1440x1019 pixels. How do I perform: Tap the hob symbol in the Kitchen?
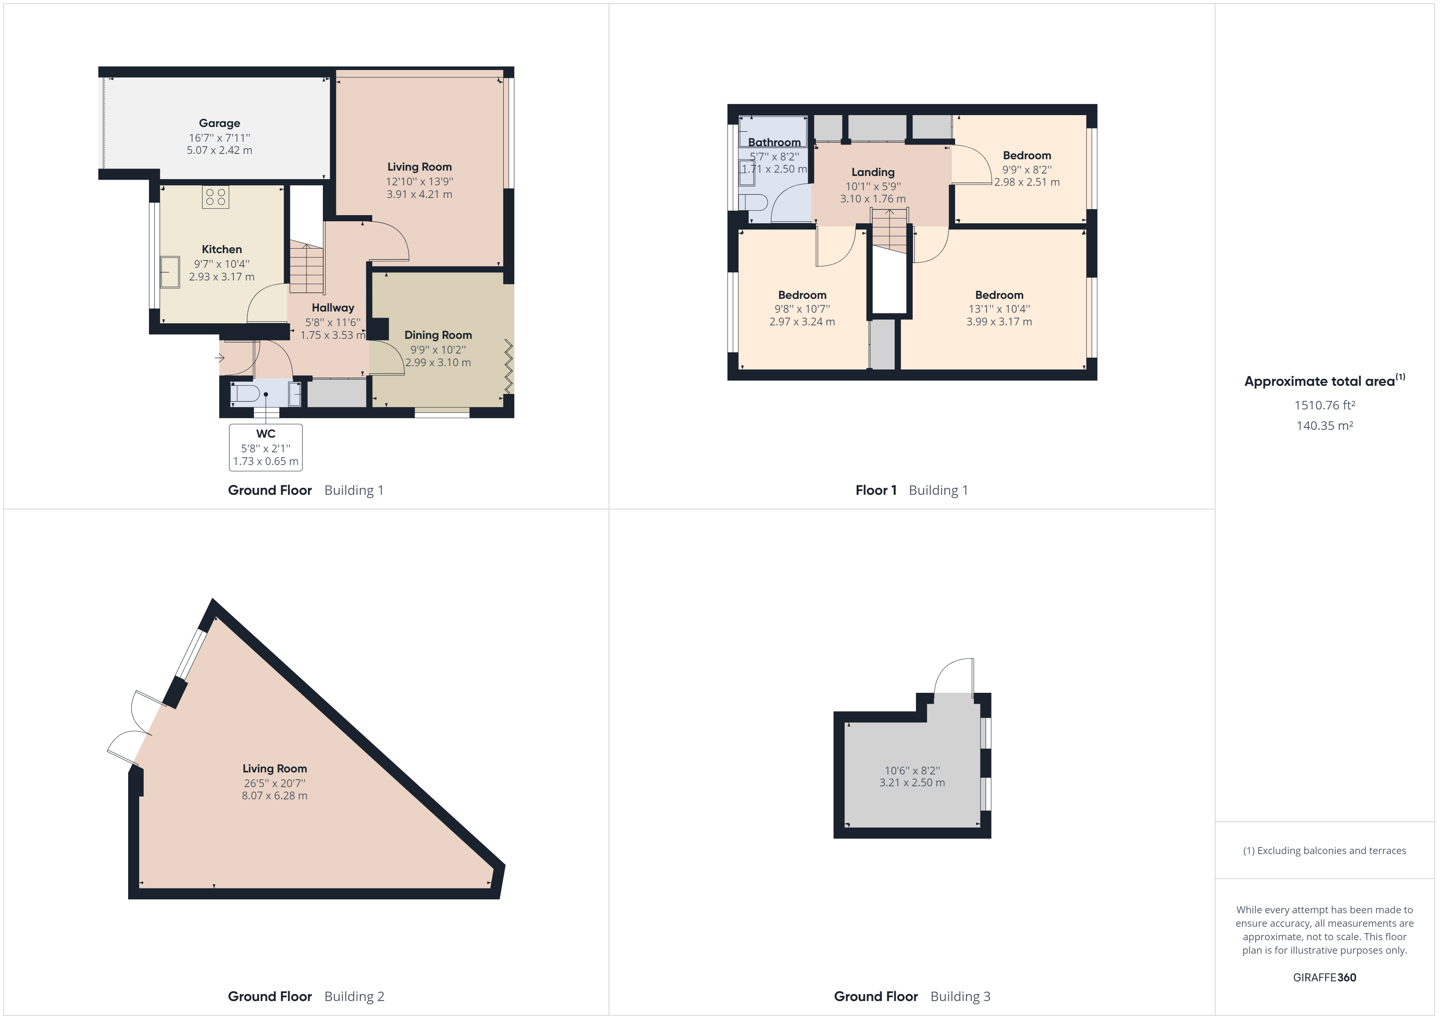[x=215, y=198]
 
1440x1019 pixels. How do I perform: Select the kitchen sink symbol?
[x=169, y=271]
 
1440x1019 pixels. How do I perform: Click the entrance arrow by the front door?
[x=220, y=358]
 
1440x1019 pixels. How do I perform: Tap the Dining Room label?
[x=438, y=335]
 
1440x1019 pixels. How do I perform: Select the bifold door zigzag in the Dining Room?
[x=508, y=367]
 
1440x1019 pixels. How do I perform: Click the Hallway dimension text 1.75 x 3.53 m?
[x=332, y=335]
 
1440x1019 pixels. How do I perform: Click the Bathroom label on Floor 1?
[x=774, y=142]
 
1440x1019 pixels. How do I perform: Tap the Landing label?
[x=872, y=172]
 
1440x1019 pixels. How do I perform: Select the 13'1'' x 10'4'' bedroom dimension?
[x=998, y=309]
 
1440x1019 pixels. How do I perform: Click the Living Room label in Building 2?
[x=275, y=769]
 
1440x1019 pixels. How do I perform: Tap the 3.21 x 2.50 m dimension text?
[x=912, y=783]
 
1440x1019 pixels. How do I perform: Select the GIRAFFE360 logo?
[x=1324, y=977]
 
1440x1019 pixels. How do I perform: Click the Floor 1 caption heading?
[x=876, y=490]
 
